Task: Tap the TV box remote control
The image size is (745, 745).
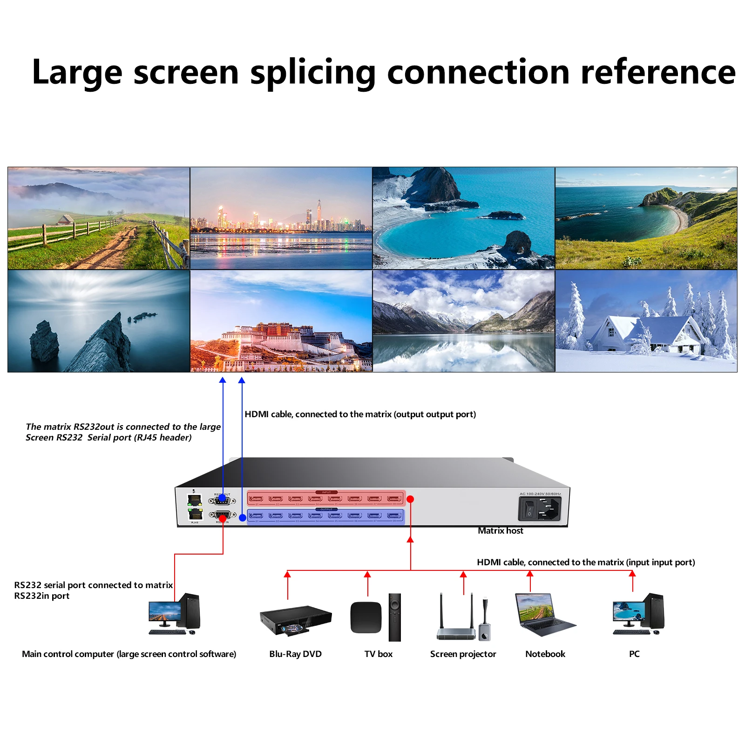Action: coord(394,617)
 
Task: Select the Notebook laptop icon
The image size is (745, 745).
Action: coord(545,615)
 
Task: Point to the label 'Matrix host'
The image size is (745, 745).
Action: coord(500,531)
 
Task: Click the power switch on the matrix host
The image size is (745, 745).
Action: coord(529,508)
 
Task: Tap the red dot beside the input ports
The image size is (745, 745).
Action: coord(410,499)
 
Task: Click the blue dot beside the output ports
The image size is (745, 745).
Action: coord(243,517)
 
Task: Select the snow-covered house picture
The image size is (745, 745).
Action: coord(646,321)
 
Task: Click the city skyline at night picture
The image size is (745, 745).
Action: coord(281,218)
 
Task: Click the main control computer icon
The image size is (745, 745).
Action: coord(174,615)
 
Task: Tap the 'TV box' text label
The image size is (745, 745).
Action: coord(378,654)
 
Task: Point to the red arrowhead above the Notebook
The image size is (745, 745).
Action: coord(529,575)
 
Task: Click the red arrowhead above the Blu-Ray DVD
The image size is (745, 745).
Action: coord(288,575)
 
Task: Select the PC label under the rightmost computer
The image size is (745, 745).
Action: coord(634,654)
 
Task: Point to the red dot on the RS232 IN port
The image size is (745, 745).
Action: coord(223,518)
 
